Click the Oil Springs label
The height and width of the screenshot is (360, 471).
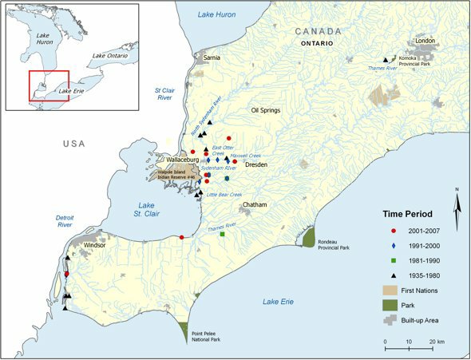point(266,110)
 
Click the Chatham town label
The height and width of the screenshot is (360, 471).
point(255,204)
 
